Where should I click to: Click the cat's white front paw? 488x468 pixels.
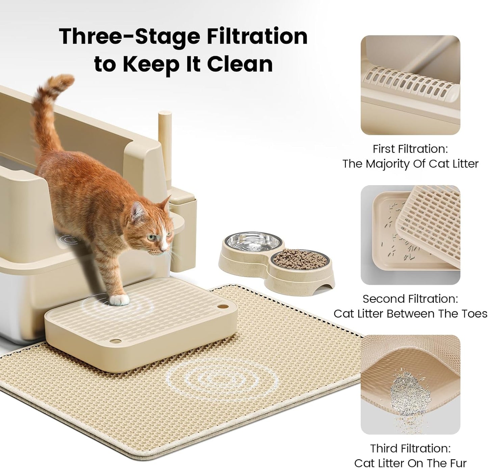pos(120,299)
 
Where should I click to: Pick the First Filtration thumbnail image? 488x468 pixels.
pos(410,85)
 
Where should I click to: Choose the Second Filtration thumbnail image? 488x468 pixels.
pos(410,235)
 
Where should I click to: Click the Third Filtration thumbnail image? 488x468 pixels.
pos(410,385)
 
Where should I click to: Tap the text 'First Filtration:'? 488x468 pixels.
pos(410,149)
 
